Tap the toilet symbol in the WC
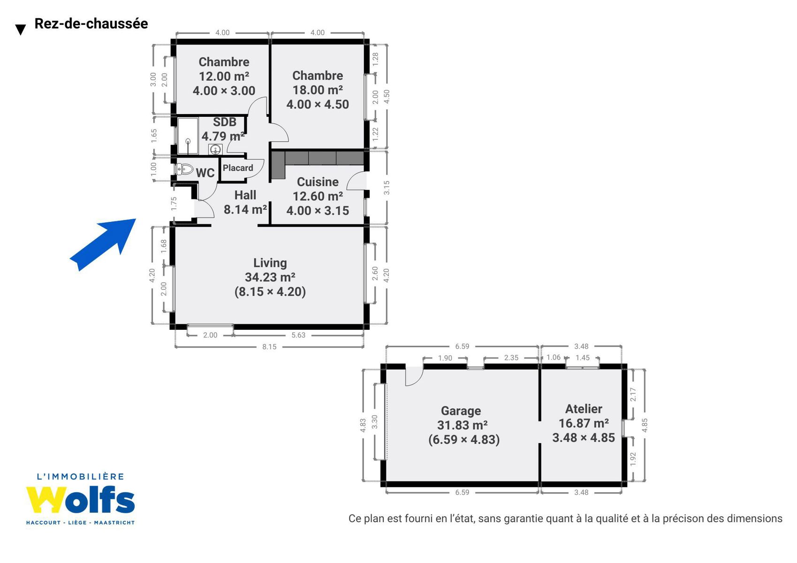[x=185, y=169]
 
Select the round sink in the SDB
[x=215, y=150]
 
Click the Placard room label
[x=238, y=168]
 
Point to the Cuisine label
[x=318, y=182]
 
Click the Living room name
[x=270, y=263]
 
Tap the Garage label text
[x=461, y=411]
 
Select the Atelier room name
[x=584, y=409]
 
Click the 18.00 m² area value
[x=318, y=90]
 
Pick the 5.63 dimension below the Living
[x=298, y=335]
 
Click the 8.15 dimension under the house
[x=269, y=347]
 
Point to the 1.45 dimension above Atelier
[x=583, y=358]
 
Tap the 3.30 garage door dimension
[x=374, y=422]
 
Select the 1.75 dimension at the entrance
[x=174, y=204]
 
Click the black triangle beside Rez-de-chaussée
[x=21, y=30]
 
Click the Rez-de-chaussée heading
[x=91, y=23]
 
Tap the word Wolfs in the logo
[x=81, y=500]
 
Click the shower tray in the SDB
[x=188, y=136]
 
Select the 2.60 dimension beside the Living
[x=375, y=274]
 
